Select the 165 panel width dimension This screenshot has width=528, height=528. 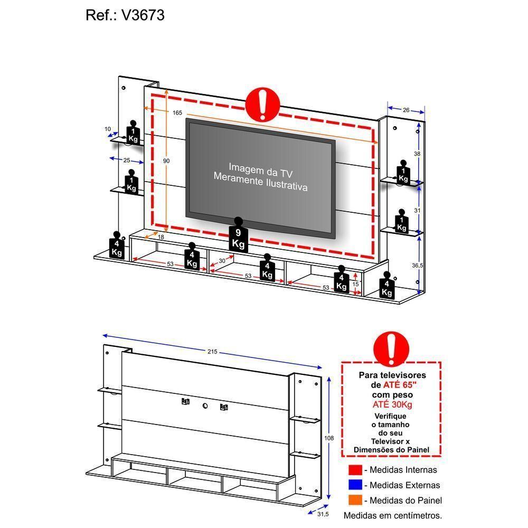(x=177, y=112)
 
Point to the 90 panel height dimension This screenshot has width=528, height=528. (x=166, y=161)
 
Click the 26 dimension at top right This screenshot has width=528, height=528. (x=406, y=110)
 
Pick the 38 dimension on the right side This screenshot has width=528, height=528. (x=417, y=154)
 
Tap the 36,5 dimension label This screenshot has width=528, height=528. (x=417, y=266)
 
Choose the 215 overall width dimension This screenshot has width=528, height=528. (x=212, y=352)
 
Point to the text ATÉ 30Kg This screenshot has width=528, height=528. (x=391, y=404)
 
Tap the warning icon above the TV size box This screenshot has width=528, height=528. (x=391, y=346)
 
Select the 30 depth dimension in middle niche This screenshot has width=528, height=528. (x=222, y=261)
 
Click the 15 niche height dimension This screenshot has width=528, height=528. (x=356, y=285)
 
